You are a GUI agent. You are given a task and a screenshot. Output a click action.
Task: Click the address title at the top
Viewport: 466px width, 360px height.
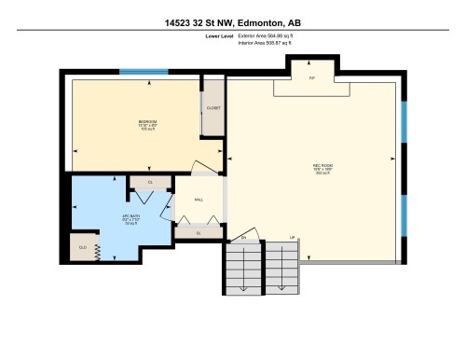point(233,21)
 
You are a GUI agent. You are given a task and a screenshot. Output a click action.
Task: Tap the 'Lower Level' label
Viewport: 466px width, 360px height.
point(221,36)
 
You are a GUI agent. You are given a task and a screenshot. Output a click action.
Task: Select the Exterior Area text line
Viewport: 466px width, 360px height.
point(271,36)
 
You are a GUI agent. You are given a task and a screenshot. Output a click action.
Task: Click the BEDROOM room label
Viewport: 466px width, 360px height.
point(147,122)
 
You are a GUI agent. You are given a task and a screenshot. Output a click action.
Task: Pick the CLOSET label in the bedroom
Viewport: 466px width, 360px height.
point(213,108)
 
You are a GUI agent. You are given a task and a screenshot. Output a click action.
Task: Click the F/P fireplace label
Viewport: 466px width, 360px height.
point(312,78)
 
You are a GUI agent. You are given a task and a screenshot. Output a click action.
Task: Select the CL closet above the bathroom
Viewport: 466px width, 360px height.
point(149,182)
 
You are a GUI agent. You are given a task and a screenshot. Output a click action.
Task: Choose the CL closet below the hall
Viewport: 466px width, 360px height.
point(199,232)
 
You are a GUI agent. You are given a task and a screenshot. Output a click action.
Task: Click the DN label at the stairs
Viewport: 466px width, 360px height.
point(244,238)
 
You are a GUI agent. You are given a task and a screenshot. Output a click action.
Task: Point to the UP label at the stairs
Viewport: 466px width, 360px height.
point(293,238)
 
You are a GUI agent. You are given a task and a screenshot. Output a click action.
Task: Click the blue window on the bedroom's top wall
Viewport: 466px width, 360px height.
point(144,72)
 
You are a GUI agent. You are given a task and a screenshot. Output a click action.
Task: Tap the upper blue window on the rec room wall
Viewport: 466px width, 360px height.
point(404,122)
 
